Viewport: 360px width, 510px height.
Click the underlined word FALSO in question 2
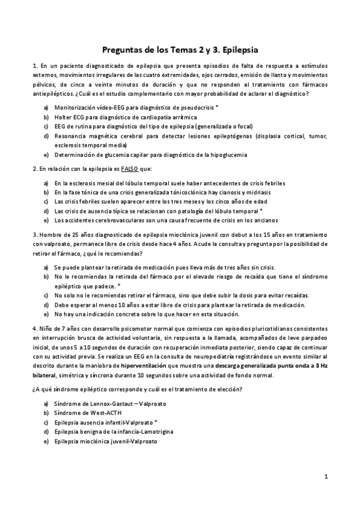[x=130, y=169]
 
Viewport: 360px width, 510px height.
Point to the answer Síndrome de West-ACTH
[x=88, y=413]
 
